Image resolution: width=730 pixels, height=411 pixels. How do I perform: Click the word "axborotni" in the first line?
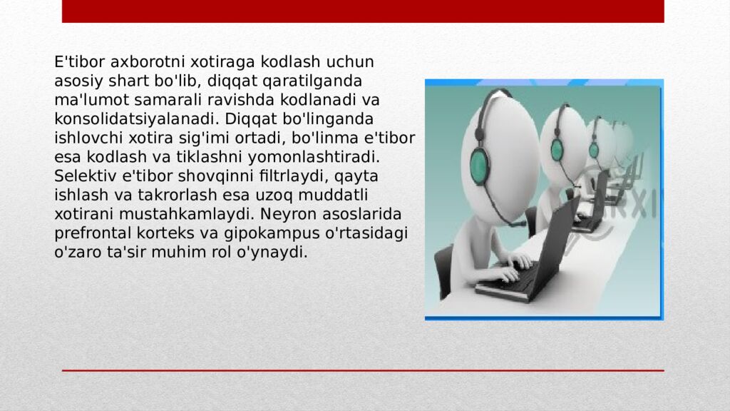point(126,62)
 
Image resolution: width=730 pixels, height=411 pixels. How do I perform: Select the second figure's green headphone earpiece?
point(557,149)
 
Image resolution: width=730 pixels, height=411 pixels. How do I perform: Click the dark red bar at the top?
point(363,11)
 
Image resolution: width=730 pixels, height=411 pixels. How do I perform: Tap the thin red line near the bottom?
point(363,370)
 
